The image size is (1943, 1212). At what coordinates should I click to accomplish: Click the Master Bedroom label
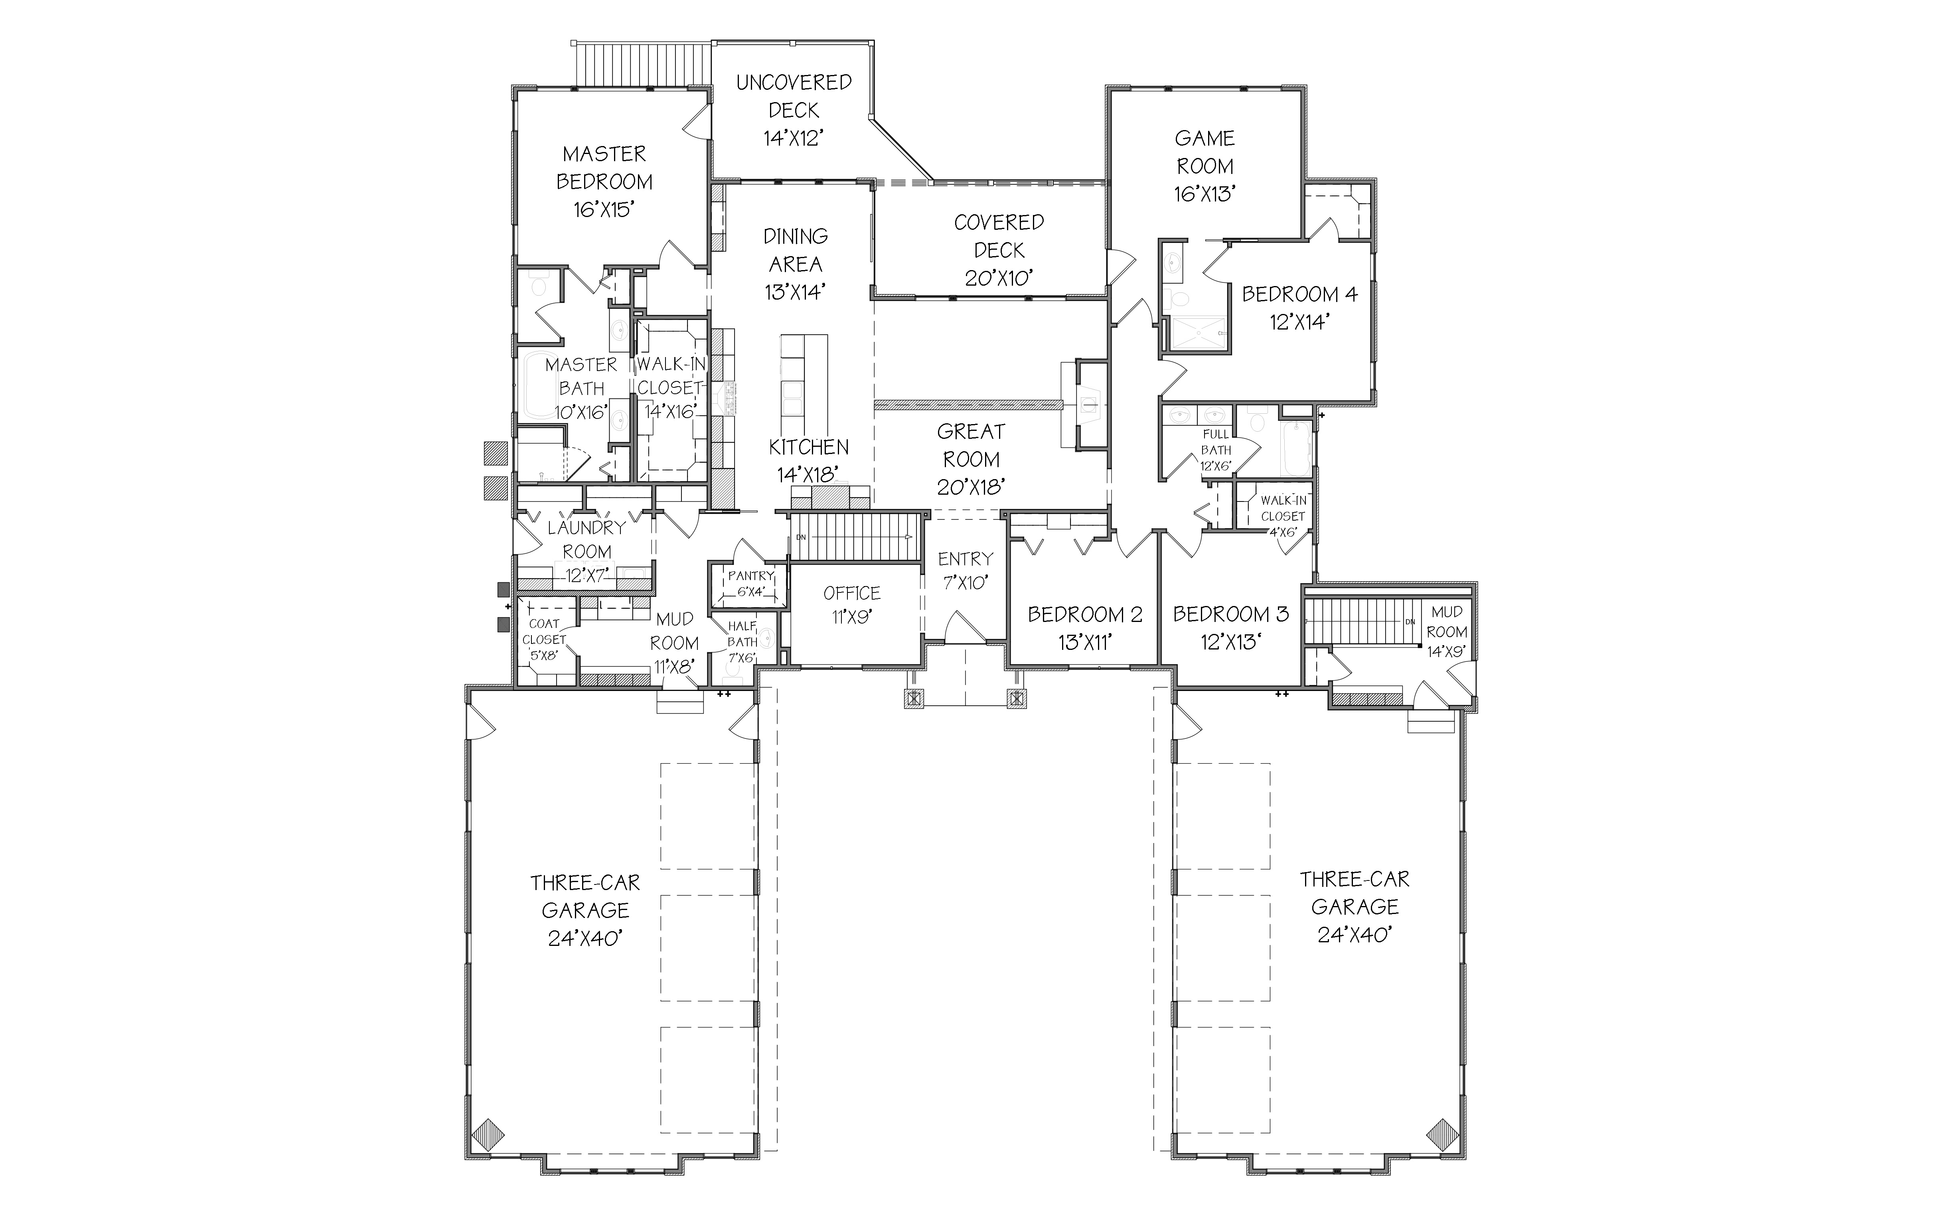point(604,168)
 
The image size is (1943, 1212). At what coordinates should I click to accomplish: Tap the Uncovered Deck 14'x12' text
point(794,110)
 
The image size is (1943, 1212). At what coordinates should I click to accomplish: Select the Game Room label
point(1205,152)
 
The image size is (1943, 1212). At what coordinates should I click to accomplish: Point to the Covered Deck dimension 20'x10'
point(999,277)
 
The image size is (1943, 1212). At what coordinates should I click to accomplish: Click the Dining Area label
point(795,250)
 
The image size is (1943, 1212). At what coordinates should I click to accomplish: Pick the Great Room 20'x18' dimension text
point(971,487)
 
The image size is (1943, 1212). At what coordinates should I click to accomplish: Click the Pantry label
point(751,576)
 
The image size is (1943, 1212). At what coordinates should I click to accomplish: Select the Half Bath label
point(742,633)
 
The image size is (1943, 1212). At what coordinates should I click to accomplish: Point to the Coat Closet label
point(544,632)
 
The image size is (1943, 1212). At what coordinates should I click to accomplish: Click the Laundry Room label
point(587,539)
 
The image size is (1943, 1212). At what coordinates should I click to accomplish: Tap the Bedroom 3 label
point(1231,615)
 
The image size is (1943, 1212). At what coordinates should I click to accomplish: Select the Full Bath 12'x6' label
point(1215,450)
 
